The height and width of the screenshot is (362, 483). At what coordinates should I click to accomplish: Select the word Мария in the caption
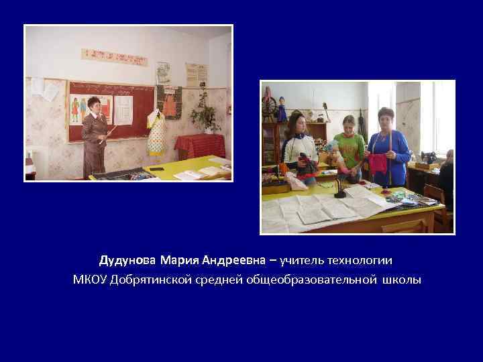point(174,259)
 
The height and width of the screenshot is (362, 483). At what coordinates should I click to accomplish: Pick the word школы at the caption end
point(402,280)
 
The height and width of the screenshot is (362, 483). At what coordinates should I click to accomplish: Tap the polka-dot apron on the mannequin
point(156,134)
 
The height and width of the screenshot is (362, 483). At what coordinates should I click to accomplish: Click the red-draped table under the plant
point(199,144)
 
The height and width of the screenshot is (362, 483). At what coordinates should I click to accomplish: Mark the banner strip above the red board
point(114,57)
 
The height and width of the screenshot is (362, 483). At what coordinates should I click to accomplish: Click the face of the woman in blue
point(386,118)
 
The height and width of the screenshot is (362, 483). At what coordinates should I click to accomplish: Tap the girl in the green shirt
point(350,144)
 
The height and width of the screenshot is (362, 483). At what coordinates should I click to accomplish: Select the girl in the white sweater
point(299,147)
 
